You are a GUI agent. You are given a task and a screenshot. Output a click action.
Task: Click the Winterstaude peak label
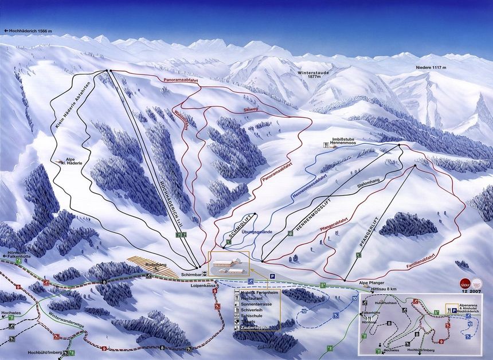314,74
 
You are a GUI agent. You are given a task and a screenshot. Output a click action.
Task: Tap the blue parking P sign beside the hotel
272,276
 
